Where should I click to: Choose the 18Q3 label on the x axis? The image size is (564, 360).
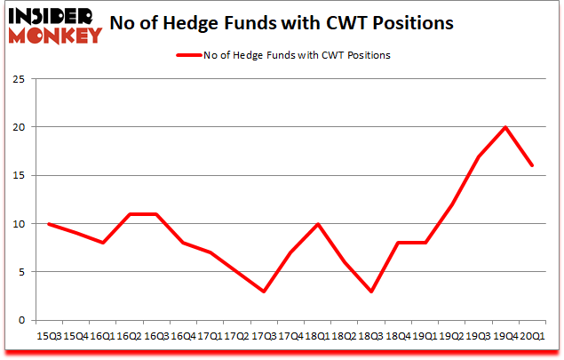click(368, 335)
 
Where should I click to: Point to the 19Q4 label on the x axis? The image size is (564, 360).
click(505, 335)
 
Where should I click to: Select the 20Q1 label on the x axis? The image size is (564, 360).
click(531, 335)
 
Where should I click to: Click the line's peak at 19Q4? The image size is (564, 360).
click(505, 127)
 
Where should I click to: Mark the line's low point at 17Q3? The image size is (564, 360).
click(265, 291)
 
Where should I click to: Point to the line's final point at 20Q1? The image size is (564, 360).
click(531, 165)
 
